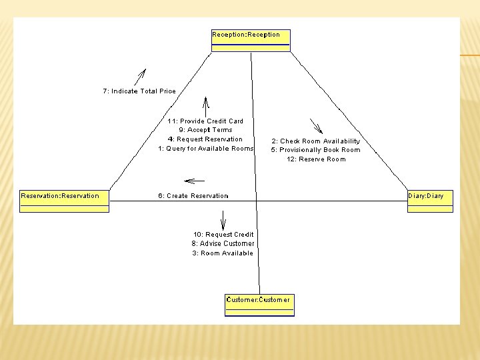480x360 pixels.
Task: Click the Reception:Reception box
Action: pyautogui.click(x=251, y=39)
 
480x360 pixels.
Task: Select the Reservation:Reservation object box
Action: pyautogui.click(x=64, y=200)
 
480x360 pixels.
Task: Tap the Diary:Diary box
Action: pyautogui.click(x=430, y=200)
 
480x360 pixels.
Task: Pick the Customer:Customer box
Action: pyautogui.click(x=259, y=304)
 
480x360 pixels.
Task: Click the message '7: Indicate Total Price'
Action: pyautogui.click(x=139, y=91)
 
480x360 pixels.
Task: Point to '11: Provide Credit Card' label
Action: pyautogui.click(x=205, y=121)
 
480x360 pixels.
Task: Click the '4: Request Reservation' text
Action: pyautogui.click(x=205, y=139)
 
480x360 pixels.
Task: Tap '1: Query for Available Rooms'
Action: pyautogui.click(x=205, y=149)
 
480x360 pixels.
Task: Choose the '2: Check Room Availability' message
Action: pyautogui.click(x=315, y=141)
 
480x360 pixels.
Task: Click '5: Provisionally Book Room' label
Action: pyautogui.click(x=315, y=150)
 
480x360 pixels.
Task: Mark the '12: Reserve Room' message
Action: pyautogui.click(x=316, y=159)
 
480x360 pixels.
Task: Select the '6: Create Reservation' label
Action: pyautogui.click(x=193, y=196)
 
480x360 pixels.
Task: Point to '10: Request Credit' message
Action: pyautogui.click(x=223, y=235)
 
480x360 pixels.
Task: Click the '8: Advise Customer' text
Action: pyautogui.click(x=223, y=244)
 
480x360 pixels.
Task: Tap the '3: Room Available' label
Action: pyautogui.click(x=223, y=253)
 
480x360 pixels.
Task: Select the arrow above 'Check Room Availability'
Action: pyautogui.click(x=315, y=126)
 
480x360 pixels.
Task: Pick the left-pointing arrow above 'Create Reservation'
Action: pyautogui.click(x=194, y=180)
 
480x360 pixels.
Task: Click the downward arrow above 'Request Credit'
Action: pyautogui.click(x=223, y=220)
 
